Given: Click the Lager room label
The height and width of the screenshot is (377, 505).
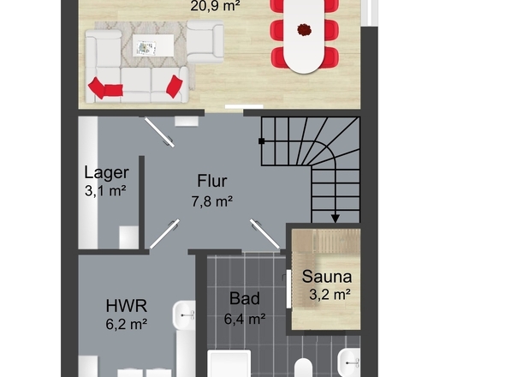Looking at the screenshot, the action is coord(106,172).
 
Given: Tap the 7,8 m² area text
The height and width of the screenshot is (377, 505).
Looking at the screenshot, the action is coord(212,201).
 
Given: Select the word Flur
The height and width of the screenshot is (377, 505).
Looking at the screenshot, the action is coord(212,181).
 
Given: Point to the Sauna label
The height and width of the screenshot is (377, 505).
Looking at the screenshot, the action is coord(327,277).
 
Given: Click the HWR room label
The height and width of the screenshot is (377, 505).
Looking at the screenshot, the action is coord(127,305).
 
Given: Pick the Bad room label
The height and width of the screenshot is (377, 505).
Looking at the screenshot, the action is coord(245,298).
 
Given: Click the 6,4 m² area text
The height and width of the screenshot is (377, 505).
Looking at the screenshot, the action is coord(245,319).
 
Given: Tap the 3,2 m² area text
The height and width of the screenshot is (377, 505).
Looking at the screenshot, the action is coord(330,294).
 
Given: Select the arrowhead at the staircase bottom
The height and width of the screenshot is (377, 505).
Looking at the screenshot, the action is coord(336,218).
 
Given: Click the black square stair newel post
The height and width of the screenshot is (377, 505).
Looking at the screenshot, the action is coord(262,141).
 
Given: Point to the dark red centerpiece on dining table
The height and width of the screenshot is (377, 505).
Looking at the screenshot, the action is coord(304,30).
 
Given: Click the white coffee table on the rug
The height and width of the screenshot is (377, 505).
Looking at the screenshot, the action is coord(153,45).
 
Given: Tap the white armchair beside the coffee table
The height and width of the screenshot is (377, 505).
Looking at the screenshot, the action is coord(205,41).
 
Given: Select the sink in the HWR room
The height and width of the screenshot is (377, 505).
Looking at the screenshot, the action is coord(184,315).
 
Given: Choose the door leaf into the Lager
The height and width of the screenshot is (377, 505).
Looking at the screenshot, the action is coord(159,133).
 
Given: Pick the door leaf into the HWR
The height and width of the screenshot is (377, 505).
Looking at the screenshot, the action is coord(164,234).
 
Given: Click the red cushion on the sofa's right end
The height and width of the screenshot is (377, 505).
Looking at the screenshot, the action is coord(175,87).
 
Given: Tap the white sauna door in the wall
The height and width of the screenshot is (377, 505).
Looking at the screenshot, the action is coord(288,289).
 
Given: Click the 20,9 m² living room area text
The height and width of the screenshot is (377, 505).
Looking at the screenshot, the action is coord(215,6).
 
